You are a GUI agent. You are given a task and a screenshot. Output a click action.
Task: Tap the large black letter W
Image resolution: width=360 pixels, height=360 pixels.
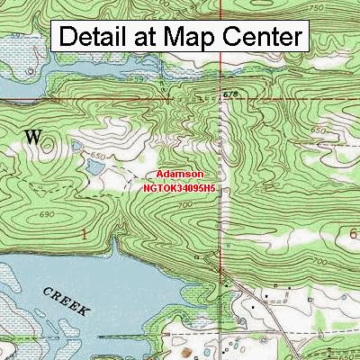33,137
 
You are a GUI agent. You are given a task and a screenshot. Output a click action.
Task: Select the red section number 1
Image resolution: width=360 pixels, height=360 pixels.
85,233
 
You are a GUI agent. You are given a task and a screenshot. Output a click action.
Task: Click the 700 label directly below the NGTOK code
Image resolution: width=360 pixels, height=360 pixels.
185,205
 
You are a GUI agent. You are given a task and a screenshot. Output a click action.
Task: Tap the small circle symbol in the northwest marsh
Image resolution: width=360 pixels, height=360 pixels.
31,67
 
